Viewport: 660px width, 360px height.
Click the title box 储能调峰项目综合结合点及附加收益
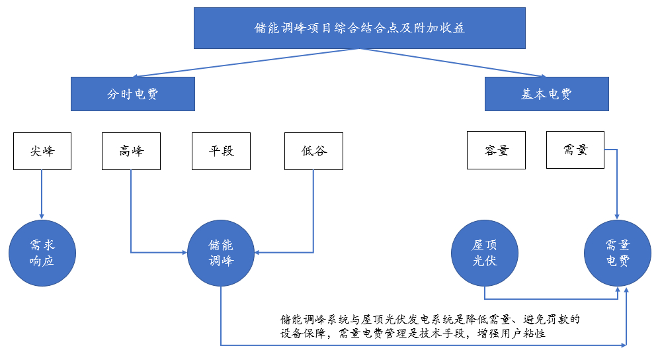[x=360, y=28]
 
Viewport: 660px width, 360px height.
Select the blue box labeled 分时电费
[x=132, y=94]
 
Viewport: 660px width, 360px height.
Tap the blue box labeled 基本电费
[x=546, y=94]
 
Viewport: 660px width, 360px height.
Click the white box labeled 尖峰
[x=42, y=151]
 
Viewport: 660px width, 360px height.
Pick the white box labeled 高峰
[x=131, y=151]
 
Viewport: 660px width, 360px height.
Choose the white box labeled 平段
[x=221, y=151]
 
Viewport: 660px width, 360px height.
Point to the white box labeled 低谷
[x=313, y=151]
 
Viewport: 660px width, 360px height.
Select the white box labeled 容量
[x=496, y=151]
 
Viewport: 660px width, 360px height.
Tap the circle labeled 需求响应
[x=42, y=253]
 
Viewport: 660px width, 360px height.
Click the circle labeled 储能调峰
[x=221, y=253]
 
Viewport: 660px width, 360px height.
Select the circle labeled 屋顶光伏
[x=485, y=253]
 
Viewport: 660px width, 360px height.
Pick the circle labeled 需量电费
[x=618, y=253]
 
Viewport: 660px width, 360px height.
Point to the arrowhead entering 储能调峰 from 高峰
[x=183, y=252]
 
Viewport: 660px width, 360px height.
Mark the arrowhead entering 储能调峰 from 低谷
[x=259, y=252]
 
